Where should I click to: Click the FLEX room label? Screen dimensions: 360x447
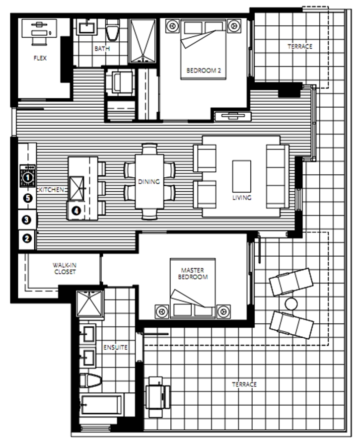(x=40, y=58)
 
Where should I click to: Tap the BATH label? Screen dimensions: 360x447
(x=102, y=49)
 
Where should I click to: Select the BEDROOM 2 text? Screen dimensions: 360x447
(x=204, y=71)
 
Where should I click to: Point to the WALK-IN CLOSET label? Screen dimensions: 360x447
(x=65, y=268)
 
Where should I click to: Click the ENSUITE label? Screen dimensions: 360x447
(x=115, y=347)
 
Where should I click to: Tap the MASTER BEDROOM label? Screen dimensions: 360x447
(x=193, y=273)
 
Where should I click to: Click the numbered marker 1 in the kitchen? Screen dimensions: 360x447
(x=28, y=177)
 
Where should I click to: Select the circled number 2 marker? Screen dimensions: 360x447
(x=27, y=238)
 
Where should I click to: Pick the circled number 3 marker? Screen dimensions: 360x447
(x=27, y=220)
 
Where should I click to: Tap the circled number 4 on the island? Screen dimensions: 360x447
(x=76, y=211)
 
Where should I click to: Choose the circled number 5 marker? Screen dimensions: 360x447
(x=28, y=198)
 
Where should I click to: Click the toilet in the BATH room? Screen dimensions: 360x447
(x=112, y=29)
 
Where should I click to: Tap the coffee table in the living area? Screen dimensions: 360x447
(x=242, y=176)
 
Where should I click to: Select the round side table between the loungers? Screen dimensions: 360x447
(x=291, y=304)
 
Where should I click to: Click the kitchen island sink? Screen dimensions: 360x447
(x=77, y=188)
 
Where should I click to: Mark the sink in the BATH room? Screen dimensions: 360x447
(x=86, y=27)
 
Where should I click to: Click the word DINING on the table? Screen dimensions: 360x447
(x=149, y=182)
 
